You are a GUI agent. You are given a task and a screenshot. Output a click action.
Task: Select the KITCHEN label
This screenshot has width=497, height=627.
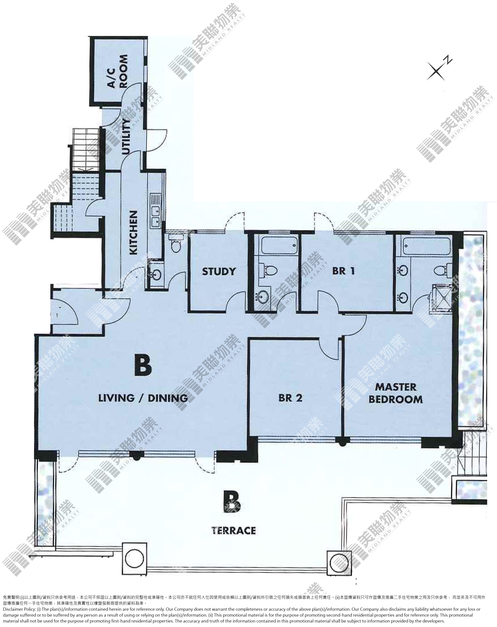click(x=133, y=233)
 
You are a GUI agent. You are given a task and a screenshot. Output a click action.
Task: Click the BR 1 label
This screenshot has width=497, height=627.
click(x=343, y=271)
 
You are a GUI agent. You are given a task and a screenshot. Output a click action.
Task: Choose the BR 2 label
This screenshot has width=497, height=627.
click(x=290, y=398)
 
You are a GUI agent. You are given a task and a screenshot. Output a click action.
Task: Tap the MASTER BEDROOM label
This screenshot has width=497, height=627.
click(x=396, y=393)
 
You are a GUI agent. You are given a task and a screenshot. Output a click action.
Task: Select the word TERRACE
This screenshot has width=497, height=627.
click(x=234, y=530)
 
